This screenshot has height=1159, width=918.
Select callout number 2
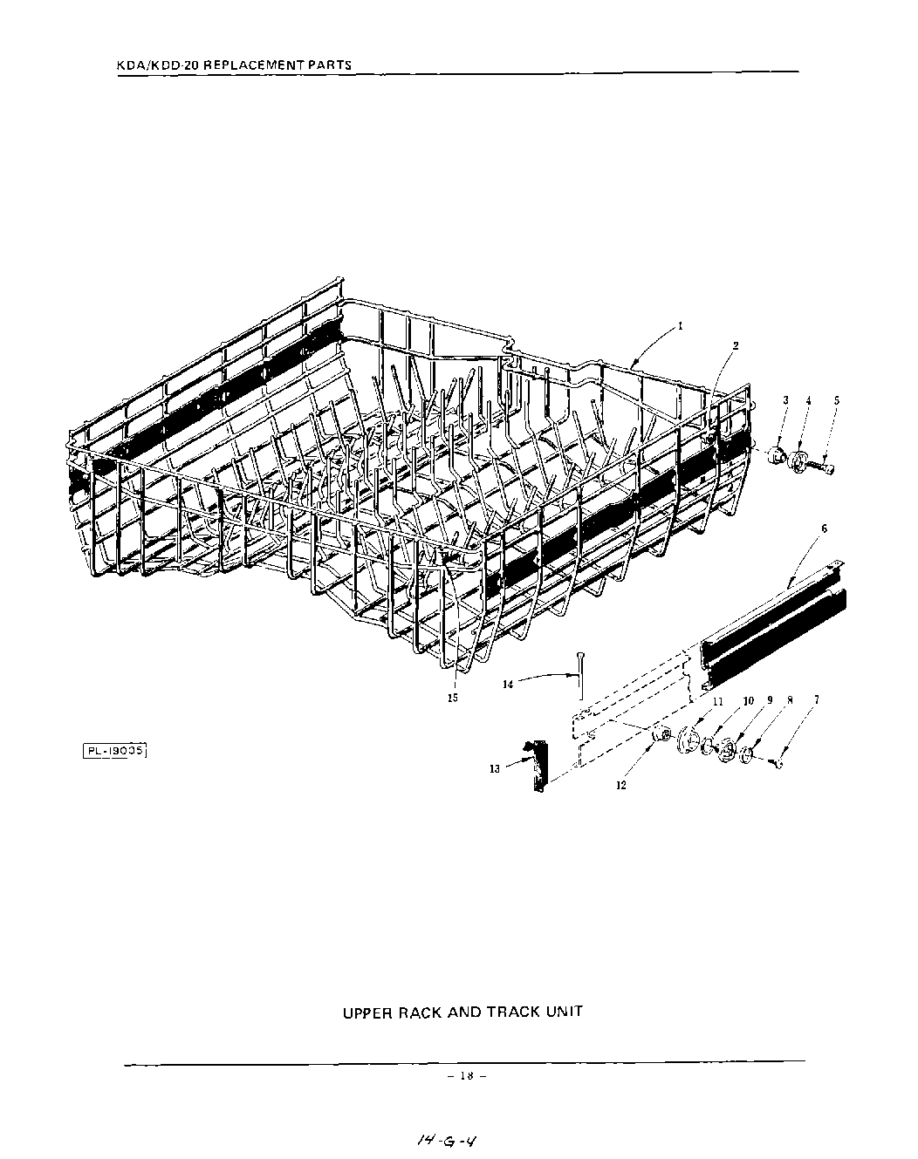tap(736, 345)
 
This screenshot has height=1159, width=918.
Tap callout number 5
tap(837, 400)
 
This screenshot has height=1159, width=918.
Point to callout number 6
tap(825, 528)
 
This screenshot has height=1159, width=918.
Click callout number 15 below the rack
tap(453, 698)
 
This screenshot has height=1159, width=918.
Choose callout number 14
tap(509, 685)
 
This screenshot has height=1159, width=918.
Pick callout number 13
tap(494, 768)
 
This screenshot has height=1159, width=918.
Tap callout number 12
tap(621, 784)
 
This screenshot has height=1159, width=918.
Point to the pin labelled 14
tap(579, 673)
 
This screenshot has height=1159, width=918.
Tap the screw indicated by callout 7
tap(779, 763)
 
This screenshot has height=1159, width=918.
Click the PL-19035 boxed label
tap(113, 749)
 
